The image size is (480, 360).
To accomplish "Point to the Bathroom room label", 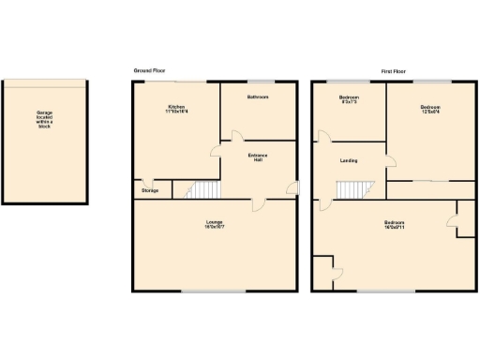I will [x=258, y=97].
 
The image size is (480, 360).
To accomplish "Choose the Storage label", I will [x=150, y=190].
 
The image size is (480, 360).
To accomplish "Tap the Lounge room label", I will [x=214, y=224].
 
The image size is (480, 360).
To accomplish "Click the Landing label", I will [x=347, y=159].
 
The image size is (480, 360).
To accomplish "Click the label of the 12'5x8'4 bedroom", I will [x=431, y=110].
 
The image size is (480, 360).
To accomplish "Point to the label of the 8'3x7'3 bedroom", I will [x=349, y=99].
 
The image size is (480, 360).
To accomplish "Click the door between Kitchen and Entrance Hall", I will [x=215, y=149].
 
